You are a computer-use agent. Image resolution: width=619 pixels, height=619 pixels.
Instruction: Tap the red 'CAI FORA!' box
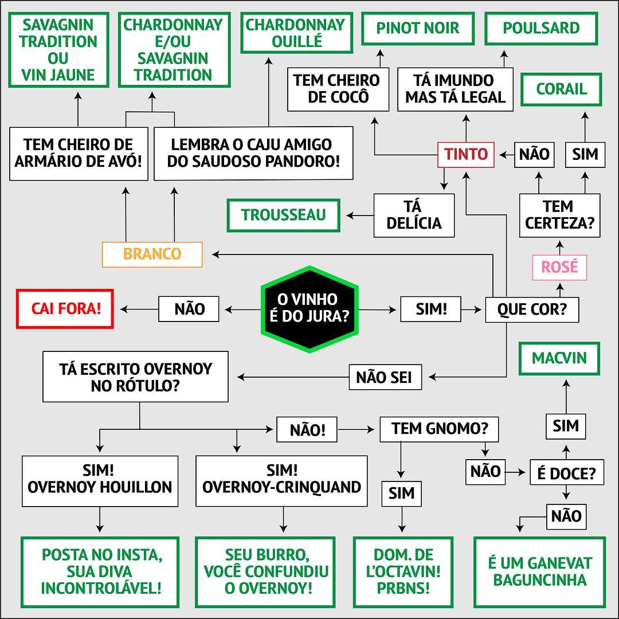click(x=65, y=308)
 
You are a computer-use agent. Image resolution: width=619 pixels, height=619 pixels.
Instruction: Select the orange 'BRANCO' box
click(x=152, y=254)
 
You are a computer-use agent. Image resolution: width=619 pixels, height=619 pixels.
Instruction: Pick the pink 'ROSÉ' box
click(x=559, y=267)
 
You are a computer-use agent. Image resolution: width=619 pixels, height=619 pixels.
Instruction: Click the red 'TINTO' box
click(x=466, y=154)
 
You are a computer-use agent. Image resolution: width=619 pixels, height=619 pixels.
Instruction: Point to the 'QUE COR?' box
click(x=531, y=309)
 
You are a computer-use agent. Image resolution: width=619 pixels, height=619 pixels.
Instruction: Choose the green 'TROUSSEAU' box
click(x=283, y=215)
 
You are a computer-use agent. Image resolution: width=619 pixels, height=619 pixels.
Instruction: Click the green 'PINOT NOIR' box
click(x=418, y=28)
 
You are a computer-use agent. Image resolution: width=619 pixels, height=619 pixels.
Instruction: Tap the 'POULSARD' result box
click(x=541, y=28)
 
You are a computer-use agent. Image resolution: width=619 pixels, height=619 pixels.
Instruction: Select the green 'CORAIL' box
click(x=561, y=89)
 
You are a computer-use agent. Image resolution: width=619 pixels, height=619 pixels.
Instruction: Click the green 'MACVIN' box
click(x=559, y=358)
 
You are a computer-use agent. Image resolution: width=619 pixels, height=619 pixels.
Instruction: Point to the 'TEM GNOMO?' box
click(x=439, y=429)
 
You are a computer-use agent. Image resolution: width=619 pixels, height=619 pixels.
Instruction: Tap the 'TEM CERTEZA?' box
click(x=559, y=215)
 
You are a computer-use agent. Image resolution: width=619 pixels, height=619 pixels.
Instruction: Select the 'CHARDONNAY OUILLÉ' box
click(x=296, y=33)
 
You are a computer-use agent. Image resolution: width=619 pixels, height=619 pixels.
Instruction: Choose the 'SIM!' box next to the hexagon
click(x=431, y=309)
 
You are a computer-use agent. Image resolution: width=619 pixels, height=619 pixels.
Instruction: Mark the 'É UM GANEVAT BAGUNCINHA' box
click(x=539, y=571)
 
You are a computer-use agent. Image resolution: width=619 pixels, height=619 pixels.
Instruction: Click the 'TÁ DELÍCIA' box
click(x=414, y=215)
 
